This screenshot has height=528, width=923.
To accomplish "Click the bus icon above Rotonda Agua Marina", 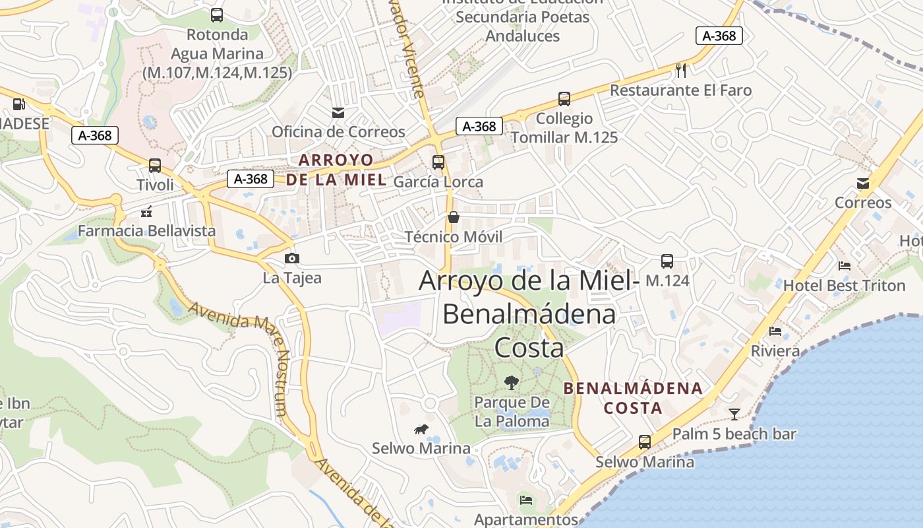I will tap(217, 15).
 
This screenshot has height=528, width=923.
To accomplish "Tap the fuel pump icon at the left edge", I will tap(18, 104).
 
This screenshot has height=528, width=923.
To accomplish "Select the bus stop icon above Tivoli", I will tap(155, 166).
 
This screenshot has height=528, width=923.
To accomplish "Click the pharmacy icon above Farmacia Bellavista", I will tap(147, 212).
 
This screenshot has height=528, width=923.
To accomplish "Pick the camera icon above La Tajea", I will tap(291, 258).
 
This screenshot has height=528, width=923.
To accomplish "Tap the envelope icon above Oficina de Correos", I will tap(338, 113).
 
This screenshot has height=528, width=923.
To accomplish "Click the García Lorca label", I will tap(438, 181).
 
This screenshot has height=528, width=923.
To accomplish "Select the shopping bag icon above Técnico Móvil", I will tap(454, 217).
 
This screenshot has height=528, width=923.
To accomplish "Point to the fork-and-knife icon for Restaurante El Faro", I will tap(681, 70).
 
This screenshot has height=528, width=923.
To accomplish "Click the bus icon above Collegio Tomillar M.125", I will tap(564, 99).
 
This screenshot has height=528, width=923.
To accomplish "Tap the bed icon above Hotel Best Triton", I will tap(845, 266).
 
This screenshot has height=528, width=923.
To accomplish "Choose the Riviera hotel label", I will tap(775, 350).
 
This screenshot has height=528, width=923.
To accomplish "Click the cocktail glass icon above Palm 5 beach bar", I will tap(734, 414).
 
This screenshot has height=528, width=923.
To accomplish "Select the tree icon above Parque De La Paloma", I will tap(511, 382).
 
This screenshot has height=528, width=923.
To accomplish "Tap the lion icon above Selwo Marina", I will tap(421, 430).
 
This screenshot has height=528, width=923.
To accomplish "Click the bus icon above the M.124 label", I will tap(667, 261).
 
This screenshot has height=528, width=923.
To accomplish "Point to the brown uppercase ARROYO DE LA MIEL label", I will tap(336, 170).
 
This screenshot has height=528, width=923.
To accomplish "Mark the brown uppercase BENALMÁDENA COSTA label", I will tap(633, 398).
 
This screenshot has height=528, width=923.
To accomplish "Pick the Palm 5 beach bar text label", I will tap(734, 434).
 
